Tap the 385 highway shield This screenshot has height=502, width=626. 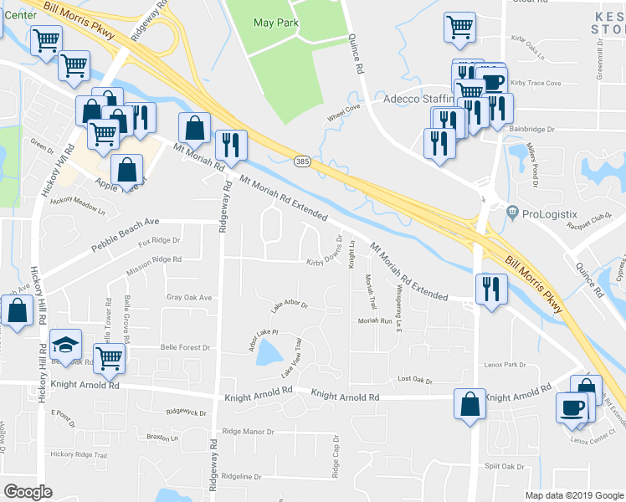coord(302,160)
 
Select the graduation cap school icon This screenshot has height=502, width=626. coord(63,346)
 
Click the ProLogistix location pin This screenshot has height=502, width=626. coord(511,214)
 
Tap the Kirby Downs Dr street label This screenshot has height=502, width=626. coord(326,262)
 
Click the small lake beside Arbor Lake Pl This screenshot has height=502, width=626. coord(267,355)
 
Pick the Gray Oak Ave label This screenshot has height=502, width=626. coord(189,297)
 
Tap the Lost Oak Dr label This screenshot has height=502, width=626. coord(415,380)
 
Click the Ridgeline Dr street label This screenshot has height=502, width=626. coord(235,477)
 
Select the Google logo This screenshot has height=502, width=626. coord(28,491)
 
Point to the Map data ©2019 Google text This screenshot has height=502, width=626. coord(574,494)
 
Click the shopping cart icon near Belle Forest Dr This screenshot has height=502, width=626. coord(109,357)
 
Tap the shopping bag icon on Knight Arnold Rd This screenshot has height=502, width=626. coord(469,404)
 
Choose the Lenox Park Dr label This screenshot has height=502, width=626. coord(505,365)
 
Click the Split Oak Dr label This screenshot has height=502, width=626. coord(503,467)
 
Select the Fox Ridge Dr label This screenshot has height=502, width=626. coord(160,243)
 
